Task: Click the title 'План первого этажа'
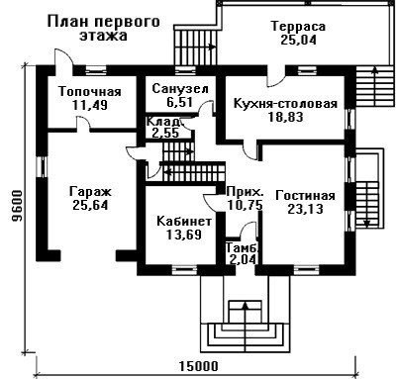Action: pos(104,29)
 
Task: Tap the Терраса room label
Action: pos(298,26)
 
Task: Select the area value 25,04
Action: pos(298,40)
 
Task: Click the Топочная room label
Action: pos(90,92)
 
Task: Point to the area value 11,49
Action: pos(89,106)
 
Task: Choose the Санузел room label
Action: pos(180,89)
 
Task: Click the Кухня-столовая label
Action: pos(285,104)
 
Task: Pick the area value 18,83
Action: pos(285,118)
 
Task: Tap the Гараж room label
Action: pos(91,192)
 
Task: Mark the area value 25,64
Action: pos(90,206)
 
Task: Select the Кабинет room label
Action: pos(184,221)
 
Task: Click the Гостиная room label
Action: pos(305,195)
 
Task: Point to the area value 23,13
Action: pos(305,209)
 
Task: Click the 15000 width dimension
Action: pos(199,366)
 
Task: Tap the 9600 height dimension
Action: pos(16,206)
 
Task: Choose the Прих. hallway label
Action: pos(246,192)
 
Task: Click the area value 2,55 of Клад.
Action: pos(165,134)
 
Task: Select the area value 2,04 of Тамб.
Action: pos(243,260)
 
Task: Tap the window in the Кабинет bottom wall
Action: pos(184,270)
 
